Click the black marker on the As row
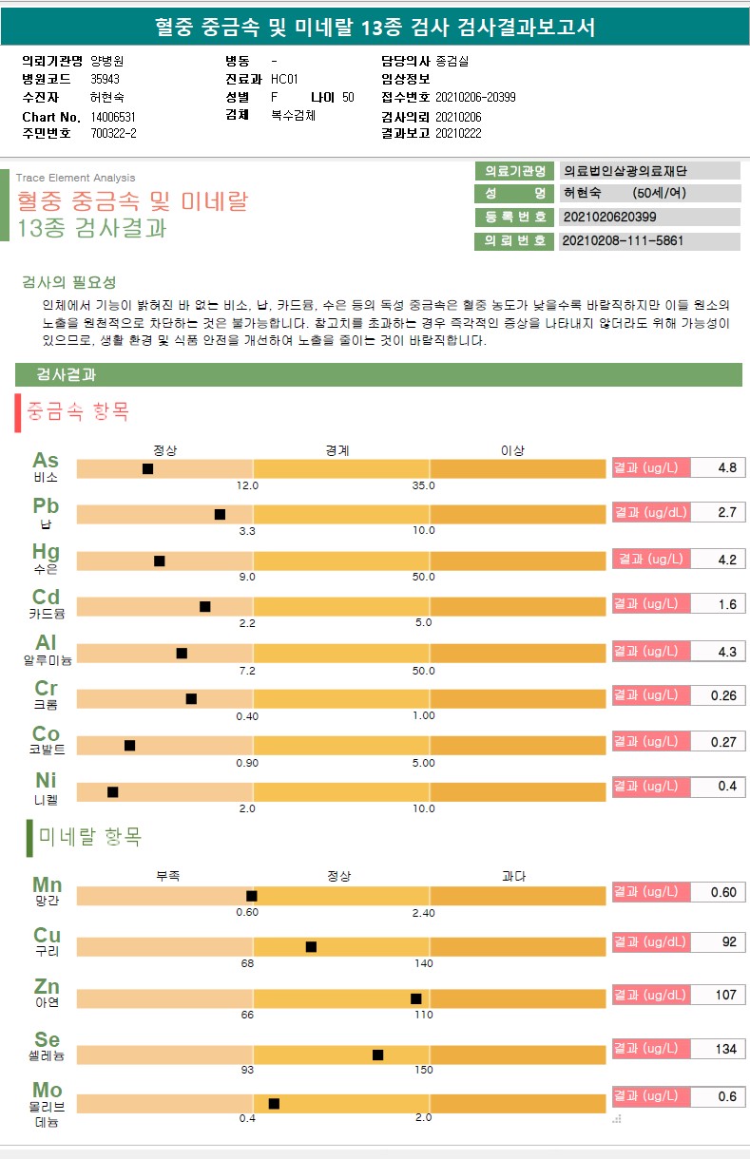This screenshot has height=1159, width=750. click(x=147, y=468)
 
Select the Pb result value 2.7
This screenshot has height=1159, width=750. click(x=727, y=513)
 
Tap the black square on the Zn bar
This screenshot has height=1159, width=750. click(x=415, y=998)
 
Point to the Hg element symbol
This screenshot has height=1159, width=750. click(x=46, y=552)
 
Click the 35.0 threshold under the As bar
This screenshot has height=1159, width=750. click(x=423, y=485)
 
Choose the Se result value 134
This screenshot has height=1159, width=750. click(x=726, y=1049)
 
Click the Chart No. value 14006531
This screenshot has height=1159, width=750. click(x=113, y=117)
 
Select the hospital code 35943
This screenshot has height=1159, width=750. click(x=106, y=79)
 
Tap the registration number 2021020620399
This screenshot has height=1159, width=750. click(x=608, y=217)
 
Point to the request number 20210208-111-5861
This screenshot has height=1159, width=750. click(x=623, y=241)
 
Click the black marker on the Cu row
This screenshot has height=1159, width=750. click(x=311, y=946)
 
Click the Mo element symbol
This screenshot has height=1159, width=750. click(x=47, y=1090)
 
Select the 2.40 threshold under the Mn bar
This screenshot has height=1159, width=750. click(x=423, y=913)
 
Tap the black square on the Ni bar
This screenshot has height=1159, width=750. click(x=112, y=791)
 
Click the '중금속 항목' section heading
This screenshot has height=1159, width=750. click(x=79, y=412)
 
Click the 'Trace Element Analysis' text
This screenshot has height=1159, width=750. click(x=75, y=178)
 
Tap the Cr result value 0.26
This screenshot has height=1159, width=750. click(x=723, y=696)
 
